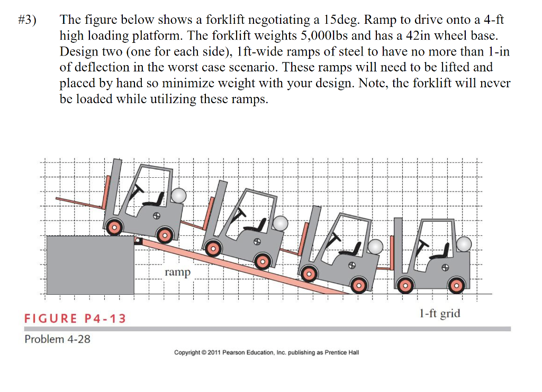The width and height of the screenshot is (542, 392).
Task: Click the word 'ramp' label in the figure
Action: (177, 272)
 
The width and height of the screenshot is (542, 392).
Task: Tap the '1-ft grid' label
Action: (439, 313)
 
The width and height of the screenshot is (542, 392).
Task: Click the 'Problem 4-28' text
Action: (57, 339)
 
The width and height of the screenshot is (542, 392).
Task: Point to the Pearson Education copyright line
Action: (266, 352)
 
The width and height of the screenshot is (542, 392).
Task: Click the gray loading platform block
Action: (89, 265)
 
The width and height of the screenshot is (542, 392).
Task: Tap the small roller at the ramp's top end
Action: (139, 241)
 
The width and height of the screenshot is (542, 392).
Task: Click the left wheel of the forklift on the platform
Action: (113, 228)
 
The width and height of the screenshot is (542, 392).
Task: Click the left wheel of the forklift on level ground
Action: (405, 286)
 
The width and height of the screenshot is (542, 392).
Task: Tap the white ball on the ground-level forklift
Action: (464, 244)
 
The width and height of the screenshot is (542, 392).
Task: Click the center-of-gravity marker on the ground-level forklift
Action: (446, 267)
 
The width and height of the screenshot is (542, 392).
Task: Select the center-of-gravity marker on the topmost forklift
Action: (157, 216)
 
